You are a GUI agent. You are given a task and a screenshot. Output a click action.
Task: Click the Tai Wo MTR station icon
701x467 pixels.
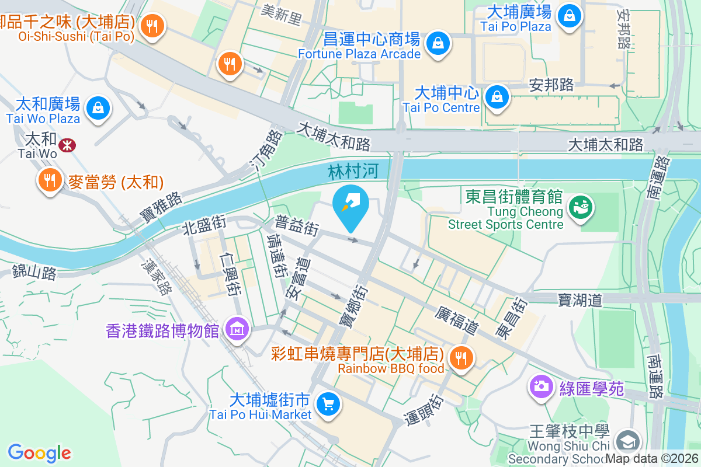click(67, 145)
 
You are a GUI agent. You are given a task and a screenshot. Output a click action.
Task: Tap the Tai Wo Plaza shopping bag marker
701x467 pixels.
click(98, 108)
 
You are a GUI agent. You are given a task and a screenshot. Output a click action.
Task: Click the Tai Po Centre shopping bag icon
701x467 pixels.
click(497, 96)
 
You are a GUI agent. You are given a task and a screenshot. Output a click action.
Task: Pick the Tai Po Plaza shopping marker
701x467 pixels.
click(568, 15)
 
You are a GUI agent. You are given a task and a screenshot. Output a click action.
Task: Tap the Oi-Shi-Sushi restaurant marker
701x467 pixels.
click(152, 26)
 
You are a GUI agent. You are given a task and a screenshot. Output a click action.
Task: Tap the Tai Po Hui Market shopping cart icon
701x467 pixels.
click(327, 403)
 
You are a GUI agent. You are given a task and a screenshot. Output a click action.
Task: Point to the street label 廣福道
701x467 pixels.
click(457, 320)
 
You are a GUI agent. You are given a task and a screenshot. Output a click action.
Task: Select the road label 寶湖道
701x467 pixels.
click(580, 300)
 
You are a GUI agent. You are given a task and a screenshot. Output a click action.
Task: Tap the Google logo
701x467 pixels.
click(39, 453)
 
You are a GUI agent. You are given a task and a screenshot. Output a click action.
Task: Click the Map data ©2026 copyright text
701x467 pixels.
click(652, 459)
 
